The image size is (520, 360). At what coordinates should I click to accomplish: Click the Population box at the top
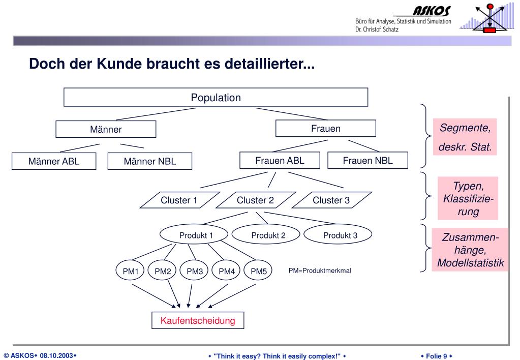(x=216, y=97)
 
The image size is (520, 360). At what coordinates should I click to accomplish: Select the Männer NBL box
(x=149, y=162)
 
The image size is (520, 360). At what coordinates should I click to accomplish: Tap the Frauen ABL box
(x=280, y=161)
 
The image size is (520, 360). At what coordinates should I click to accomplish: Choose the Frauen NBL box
(x=368, y=161)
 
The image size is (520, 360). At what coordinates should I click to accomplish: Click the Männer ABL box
(x=53, y=162)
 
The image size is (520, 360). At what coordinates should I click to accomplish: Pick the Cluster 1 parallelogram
(x=179, y=200)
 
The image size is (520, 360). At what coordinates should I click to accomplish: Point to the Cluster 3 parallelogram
(x=331, y=200)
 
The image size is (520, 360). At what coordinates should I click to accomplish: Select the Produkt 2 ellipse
(x=268, y=235)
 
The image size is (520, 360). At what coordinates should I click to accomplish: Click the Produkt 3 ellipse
(x=340, y=235)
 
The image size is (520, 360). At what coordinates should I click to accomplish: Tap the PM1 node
(x=131, y=271)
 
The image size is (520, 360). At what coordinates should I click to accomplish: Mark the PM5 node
(x=258, y=271)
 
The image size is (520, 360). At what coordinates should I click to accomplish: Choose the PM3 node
(x=195, y=271)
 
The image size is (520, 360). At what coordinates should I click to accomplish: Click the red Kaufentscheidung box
(x=198, y=320)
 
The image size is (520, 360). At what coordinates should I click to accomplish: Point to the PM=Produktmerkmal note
(x=320, y=271)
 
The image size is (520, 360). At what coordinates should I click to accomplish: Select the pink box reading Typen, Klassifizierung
(x=468, y=198)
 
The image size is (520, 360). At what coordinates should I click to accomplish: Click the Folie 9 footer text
(x=436, y=355)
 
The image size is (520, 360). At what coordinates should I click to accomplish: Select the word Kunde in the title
(x=123, y=65)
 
